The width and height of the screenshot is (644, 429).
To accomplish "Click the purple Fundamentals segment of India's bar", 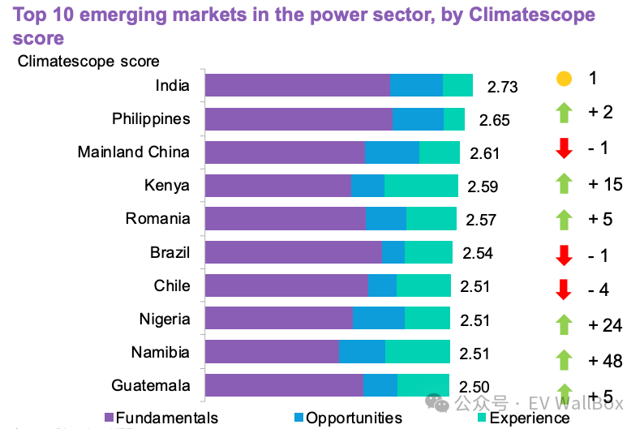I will (x=298, y=85).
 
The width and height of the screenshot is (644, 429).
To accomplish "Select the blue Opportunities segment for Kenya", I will (x=368, y=186).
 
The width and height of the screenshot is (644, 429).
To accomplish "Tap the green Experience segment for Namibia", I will (x=418, y=352).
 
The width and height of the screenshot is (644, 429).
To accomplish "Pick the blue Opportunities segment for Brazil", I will (x=393, y=252).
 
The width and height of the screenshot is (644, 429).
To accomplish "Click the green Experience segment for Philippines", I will (x=454, y=119).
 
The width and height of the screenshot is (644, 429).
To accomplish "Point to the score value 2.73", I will (x=503, y=87).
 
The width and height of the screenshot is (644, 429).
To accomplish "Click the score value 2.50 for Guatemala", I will (x=474, y=386).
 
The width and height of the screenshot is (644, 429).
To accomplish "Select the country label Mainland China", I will (x=134, y=152).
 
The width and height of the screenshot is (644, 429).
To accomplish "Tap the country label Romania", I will (x=157, y=219).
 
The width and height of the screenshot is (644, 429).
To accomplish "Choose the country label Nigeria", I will (x=164, y=319).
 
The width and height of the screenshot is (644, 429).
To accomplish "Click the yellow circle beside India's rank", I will (x=565, y=79).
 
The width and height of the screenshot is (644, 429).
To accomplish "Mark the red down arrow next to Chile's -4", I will (x=565, y=290).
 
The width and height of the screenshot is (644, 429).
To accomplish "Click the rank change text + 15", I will (x=605, y=185).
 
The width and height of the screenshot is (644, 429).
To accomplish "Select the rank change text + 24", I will (x=605, y=325).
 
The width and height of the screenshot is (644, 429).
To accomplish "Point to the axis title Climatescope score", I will (x=88, y=62).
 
